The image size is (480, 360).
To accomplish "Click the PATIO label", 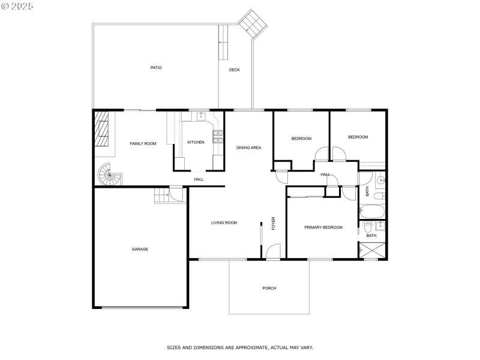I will [x=156, y=68].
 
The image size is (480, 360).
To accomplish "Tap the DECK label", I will [x=235, y=70].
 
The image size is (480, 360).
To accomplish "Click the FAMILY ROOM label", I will [x=143, y=143].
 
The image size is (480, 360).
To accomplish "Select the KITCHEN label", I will [x=196, y=142].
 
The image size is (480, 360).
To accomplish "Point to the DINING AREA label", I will [x=248, y=148].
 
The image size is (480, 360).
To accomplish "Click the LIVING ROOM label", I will [x=224, y=223].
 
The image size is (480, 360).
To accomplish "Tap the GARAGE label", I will [x=140, y=249].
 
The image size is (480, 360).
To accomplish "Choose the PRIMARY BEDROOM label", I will [x=323, y=227].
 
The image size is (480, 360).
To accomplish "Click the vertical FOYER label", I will [x=274, y=223].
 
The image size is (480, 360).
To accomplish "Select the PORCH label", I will [x=269, y=289].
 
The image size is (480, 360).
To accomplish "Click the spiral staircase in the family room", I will [x=109, y=175].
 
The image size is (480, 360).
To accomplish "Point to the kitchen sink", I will [x=198, y=116].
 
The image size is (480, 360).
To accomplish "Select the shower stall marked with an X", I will [x=373, y=251].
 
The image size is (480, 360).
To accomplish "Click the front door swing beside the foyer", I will [x=274, y=252].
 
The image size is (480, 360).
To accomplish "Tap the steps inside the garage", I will [x=161, y=195].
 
